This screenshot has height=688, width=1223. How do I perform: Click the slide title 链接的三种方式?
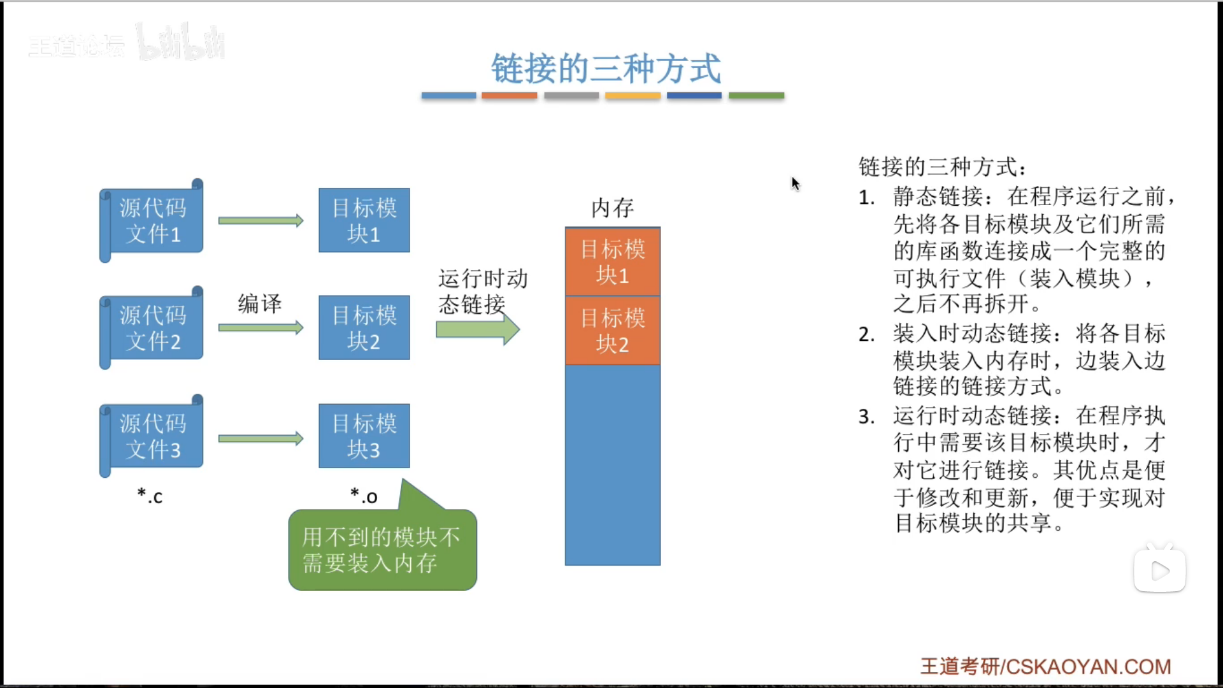tap(605, 69)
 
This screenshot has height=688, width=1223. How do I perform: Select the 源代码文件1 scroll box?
tap(152, 220)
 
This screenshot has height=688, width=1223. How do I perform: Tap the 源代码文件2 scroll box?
tap(152, 328)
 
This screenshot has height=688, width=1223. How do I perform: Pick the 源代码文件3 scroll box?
tap(152, 436)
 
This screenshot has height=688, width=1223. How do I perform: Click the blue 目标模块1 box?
tap(364, 220)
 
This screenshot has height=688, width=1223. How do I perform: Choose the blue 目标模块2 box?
tap(364, 328)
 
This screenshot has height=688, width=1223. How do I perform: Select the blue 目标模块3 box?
tap(364, 436)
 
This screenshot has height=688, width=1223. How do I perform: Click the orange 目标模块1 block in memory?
tap(612, 262)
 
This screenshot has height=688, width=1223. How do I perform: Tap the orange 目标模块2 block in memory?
tap(612, 331)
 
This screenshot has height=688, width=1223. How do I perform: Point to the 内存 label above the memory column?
tap(612, 208)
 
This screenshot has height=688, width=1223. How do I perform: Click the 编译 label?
tap(259, 303)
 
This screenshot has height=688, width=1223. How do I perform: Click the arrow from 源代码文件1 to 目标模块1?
tap(261, 220)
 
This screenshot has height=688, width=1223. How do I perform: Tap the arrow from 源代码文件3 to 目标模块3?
tap(261, 438)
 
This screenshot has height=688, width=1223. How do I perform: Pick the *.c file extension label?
tap(150, 496)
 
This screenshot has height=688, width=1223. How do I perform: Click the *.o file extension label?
tap(364, 496)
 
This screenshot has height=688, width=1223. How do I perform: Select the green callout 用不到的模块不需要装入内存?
tap(382, 549)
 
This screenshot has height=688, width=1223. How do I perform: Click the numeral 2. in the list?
tap(866, 334)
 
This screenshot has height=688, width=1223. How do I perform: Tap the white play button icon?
tap(1159, 571)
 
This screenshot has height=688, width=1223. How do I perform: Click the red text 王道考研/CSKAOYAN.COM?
tap(1045, 666)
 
